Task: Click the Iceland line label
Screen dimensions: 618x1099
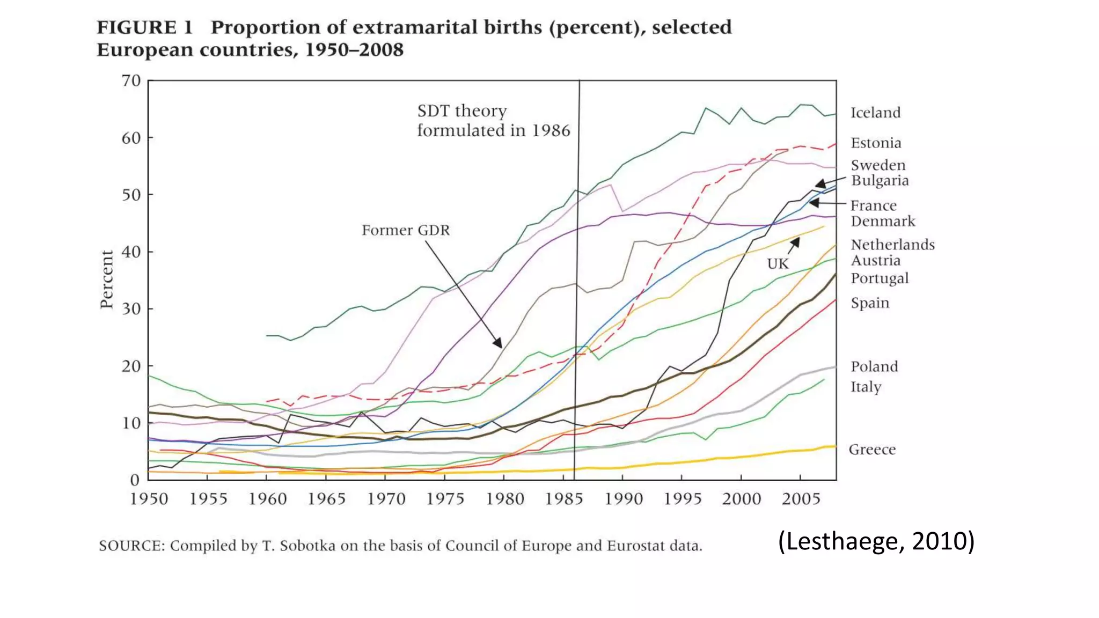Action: [875, 113]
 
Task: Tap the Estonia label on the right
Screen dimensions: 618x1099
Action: [876, 143]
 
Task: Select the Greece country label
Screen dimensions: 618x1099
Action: [872, 450]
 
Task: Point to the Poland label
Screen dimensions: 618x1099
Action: [874, 367]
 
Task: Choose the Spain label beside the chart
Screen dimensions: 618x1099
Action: [870, 303]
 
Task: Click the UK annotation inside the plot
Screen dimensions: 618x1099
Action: [778, 264]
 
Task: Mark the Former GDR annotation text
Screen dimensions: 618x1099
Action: [406, 230]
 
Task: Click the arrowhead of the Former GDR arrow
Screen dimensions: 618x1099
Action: [499, 343]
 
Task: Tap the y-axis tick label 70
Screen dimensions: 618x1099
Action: [131, 81]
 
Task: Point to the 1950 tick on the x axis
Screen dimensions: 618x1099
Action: [149, 499]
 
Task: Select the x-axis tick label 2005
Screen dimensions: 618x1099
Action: [801, 499]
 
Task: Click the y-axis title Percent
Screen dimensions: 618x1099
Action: [107, 279]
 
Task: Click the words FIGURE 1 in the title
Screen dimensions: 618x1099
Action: [144, 27]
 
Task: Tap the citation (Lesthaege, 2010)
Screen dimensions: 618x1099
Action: [876, 541]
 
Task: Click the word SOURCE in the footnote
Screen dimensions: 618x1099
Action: [131, 546]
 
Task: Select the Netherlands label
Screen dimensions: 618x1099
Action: [892, 245]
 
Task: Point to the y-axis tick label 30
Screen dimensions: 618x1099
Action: [131, 309]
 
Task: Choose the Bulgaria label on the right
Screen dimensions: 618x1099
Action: [880, 180]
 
